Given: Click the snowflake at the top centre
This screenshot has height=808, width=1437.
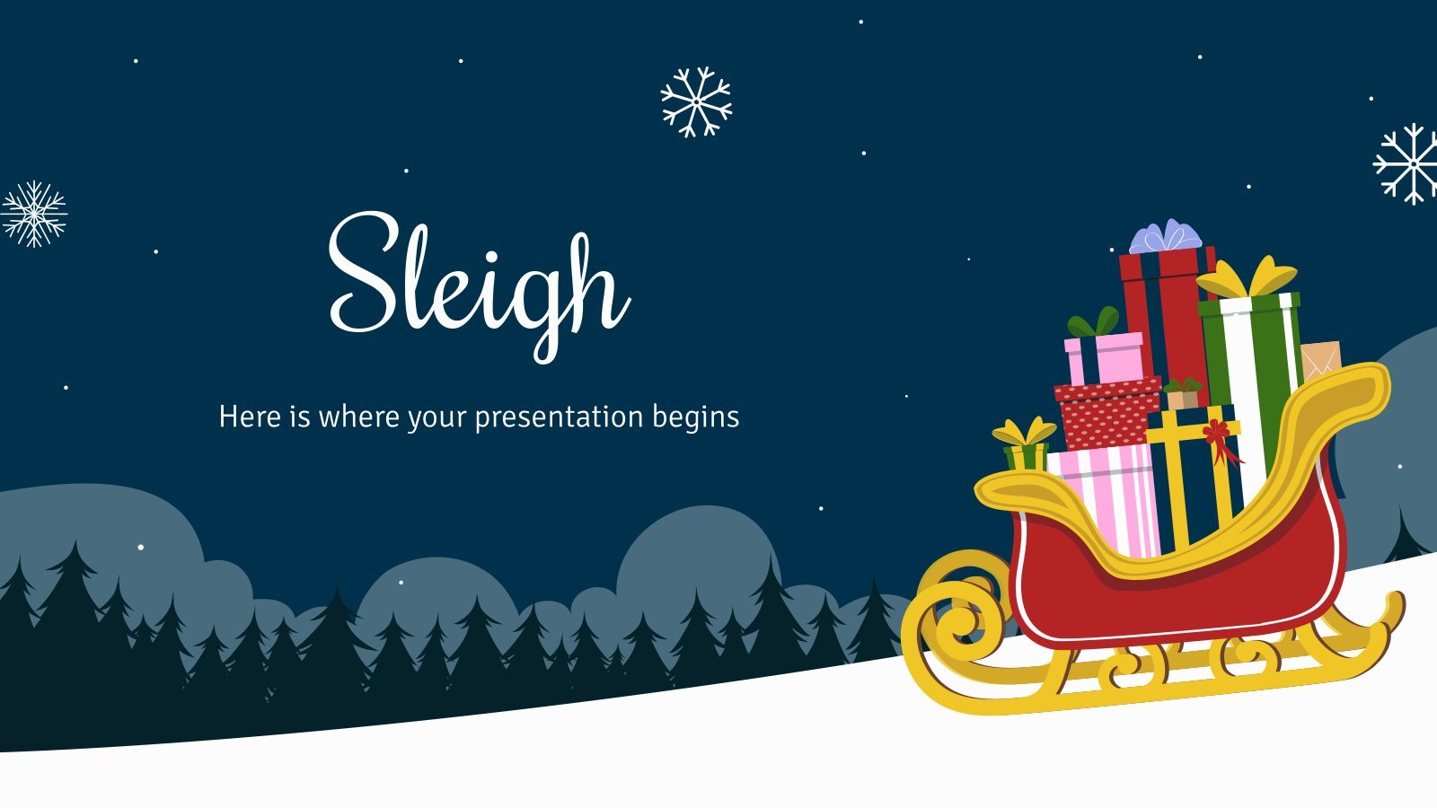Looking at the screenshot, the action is click(696, 102).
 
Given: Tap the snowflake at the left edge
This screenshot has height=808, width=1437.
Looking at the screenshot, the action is click(33, 215).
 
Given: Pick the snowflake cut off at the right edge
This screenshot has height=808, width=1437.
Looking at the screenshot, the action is click(1406, 164).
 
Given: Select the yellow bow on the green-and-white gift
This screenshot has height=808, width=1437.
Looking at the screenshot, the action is click(1247, 277).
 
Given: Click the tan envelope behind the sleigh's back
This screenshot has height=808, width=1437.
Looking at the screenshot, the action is click(1320, 360).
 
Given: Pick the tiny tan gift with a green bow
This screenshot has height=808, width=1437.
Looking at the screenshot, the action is click(1182, 394).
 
